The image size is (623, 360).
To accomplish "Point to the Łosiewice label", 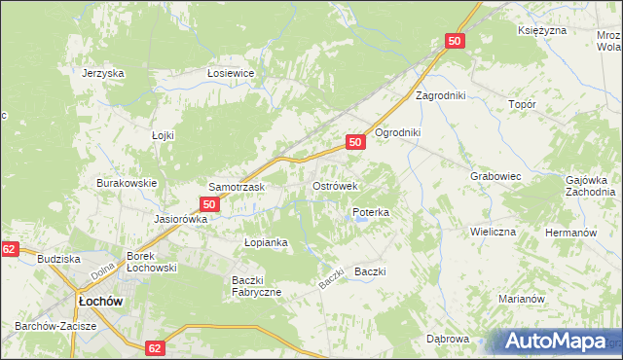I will coord(231,73).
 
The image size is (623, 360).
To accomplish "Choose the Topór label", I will coord(523,102).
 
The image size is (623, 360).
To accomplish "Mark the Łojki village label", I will coord(163,135).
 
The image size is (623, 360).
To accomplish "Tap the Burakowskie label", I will coord(127,182).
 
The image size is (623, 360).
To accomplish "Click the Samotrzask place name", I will coord(233,186).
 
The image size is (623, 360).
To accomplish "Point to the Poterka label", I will coord(371,211).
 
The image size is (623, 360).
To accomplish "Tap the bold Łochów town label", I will coord(100,301).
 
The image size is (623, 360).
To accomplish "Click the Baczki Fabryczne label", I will coord(256,286).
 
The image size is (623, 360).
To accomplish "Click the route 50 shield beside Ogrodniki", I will coord(355,142).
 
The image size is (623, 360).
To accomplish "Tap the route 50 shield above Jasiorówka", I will coord(208,204).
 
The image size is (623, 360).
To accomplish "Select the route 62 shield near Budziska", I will coord(10,250).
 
